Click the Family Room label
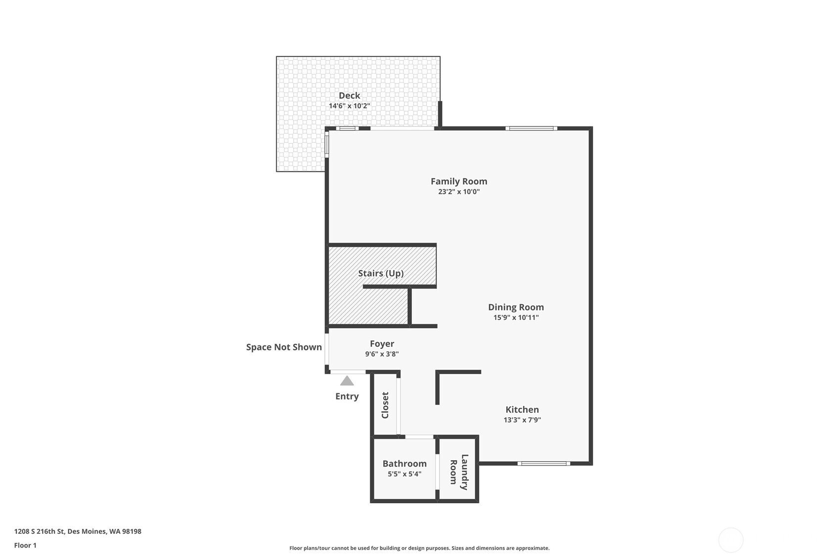[x=459, y=181]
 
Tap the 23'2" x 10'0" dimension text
[x=459, y=192]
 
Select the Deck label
[x=350, y=95]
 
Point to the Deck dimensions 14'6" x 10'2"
[x=350, y=106]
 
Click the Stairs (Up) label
[x=381, y=273]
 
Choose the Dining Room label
[x=516, y=307]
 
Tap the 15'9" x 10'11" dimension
[x=516, y=317]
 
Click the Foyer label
[x=382, y=344]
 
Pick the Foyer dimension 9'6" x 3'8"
[x=382, y=354]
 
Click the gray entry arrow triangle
[x=347, y=382]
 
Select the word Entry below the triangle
[x=347, y=396]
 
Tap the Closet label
[x=385, y=405]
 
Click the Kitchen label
[x=522, y=410]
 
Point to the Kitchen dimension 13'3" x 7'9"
[x=522, y=420]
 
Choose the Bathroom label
[x=404, y=464]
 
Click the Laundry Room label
[x=459, y=472]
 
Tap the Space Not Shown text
[x=284, y=347]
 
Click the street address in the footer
[x=78, y=531]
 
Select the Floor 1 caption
[x=26, y=546]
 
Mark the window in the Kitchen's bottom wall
[x=544, y=464]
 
